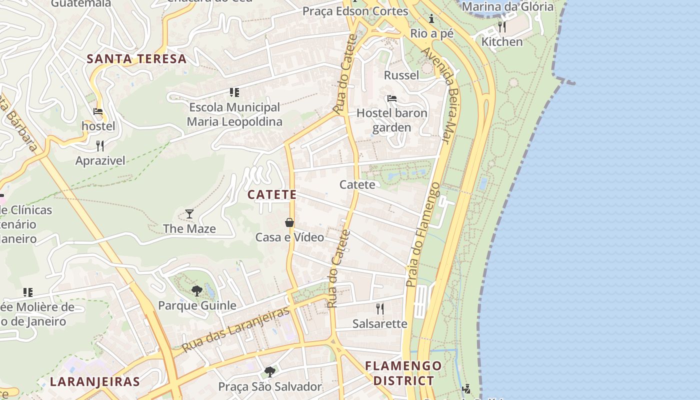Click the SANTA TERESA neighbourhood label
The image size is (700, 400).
(136, 58)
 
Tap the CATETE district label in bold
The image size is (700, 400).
(272, 194)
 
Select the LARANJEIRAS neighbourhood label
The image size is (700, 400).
(94, 382)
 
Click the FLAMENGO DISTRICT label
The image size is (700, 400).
(403, 373)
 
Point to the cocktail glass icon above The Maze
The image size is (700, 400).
(189, 214)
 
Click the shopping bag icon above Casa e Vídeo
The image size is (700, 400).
(289, 222)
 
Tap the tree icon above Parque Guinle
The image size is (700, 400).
(197, 290)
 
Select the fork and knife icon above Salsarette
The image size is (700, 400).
(380, 308)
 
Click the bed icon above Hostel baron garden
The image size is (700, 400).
(392, 98)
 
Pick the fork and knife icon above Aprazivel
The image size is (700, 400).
(100, 145)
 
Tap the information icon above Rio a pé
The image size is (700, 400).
(431, 19)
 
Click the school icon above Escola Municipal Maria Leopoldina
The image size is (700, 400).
(234, 92)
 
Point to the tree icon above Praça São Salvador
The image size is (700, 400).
(270, 371)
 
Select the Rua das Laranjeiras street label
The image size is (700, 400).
(235, 329)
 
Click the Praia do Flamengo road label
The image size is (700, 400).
(423, 235)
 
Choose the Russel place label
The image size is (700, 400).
(401, 75)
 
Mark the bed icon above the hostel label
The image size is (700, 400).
(98, 111)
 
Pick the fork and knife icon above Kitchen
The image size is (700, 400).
(502, 26)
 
